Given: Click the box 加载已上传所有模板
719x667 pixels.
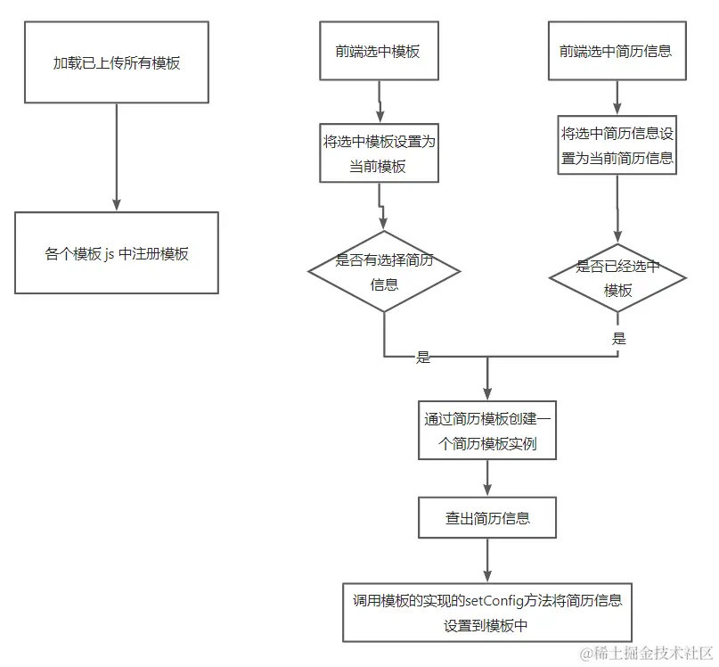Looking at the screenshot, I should point(117,63).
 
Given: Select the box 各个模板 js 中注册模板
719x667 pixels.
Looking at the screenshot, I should point(117,253).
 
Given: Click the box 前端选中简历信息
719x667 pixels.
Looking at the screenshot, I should point(616,51).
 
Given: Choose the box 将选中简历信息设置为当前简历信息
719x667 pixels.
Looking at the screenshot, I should point(617,146).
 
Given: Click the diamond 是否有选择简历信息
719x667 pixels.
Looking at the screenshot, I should point(384,271).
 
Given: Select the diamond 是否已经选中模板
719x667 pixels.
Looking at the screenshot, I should point(617,277).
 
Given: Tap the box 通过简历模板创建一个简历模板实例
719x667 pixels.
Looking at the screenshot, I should point(487,431).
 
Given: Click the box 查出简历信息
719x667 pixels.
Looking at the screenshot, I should point(487,518).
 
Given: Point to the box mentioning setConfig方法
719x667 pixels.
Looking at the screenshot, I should point(487,612).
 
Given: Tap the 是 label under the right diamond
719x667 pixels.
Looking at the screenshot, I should point(619,339).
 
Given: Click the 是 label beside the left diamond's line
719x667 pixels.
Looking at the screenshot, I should point(423,358).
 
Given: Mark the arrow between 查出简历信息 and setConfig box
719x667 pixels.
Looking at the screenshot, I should point(487,562).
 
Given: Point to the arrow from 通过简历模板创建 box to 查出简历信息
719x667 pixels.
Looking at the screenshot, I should point(487,478).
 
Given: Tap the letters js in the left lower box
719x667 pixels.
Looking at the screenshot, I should point(109,254).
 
